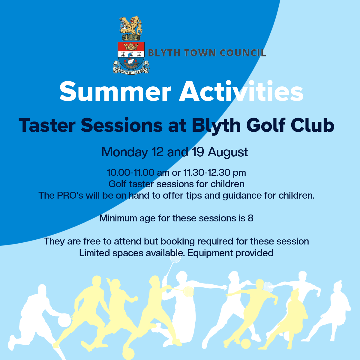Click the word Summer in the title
pos(115,91)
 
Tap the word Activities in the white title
pos(241,91)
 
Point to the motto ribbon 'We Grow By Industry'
pos(131,70)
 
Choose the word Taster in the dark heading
pos(47,125)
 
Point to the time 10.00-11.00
pos(130,172)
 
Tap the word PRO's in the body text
pos(70,195)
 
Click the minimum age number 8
pos(250,218)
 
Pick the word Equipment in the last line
pos(210,253)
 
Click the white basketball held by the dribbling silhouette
pos(64,320)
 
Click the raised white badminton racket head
pos(175,256)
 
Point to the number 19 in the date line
pos(198,152)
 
